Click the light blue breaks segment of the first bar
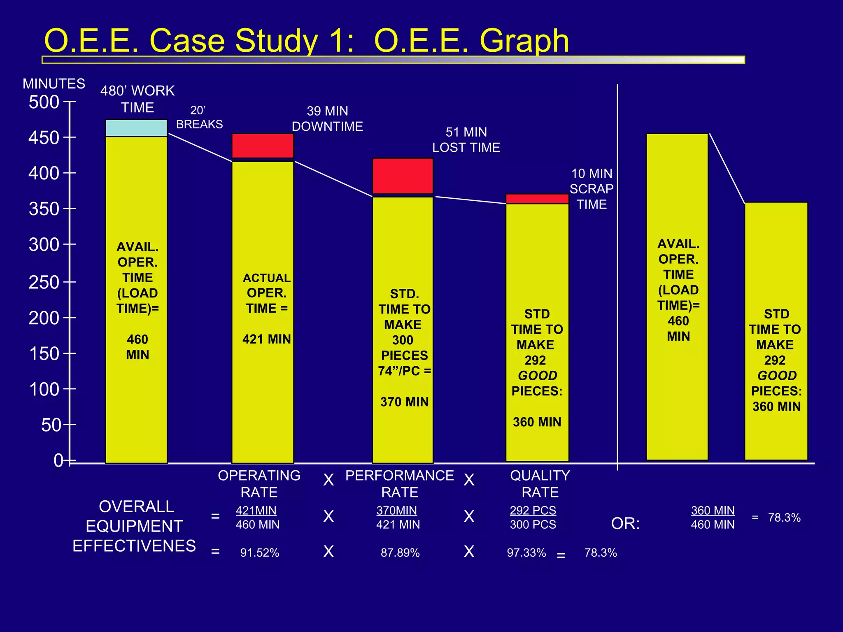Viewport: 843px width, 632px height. point(136,128)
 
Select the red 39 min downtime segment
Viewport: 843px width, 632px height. point(263,146)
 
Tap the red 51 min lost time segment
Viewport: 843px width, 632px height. point(403,176)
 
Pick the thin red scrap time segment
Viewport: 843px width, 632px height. point(537,199)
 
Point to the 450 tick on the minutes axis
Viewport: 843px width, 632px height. point(44,137)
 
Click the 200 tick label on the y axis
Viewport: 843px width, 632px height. point(44,318)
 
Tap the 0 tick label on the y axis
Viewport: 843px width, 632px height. point(58,460)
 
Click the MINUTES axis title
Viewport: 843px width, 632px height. point(54,84)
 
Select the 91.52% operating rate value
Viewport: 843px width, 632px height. point(260,553)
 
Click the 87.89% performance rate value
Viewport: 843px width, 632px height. point(400,553)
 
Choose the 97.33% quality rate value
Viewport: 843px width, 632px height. point(526,553)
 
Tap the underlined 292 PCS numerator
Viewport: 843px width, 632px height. point(533,511)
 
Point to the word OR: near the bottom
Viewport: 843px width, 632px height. point(625,523)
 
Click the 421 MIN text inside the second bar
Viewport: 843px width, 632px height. point(267,339)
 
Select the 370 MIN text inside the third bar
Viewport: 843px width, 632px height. point(404,402)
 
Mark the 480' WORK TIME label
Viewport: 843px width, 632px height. point(137,99)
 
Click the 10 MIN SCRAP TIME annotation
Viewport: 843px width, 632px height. point(591,189)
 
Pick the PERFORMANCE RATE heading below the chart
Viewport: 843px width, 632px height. point(400,484)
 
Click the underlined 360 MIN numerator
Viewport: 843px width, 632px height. point(713,511)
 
